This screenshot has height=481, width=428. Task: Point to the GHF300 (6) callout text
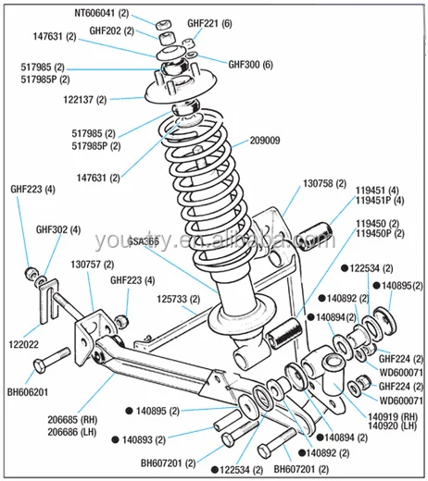251,65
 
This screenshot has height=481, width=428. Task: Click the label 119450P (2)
379,233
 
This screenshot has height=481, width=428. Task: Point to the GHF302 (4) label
58,229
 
